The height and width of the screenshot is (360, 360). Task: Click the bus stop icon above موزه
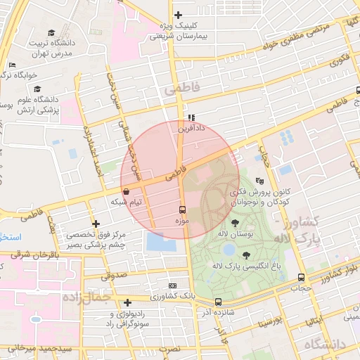(183, 210)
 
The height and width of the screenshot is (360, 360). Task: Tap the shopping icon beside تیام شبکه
(126, 191)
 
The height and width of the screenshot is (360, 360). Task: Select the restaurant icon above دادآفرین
(191, 117)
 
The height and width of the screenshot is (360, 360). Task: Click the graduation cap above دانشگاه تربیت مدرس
(52, 32)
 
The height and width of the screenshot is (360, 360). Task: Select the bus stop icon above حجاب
(302, 277)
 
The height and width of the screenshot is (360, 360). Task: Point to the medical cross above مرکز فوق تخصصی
(96, 224)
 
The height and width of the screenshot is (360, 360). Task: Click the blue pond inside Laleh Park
(229, 249)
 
